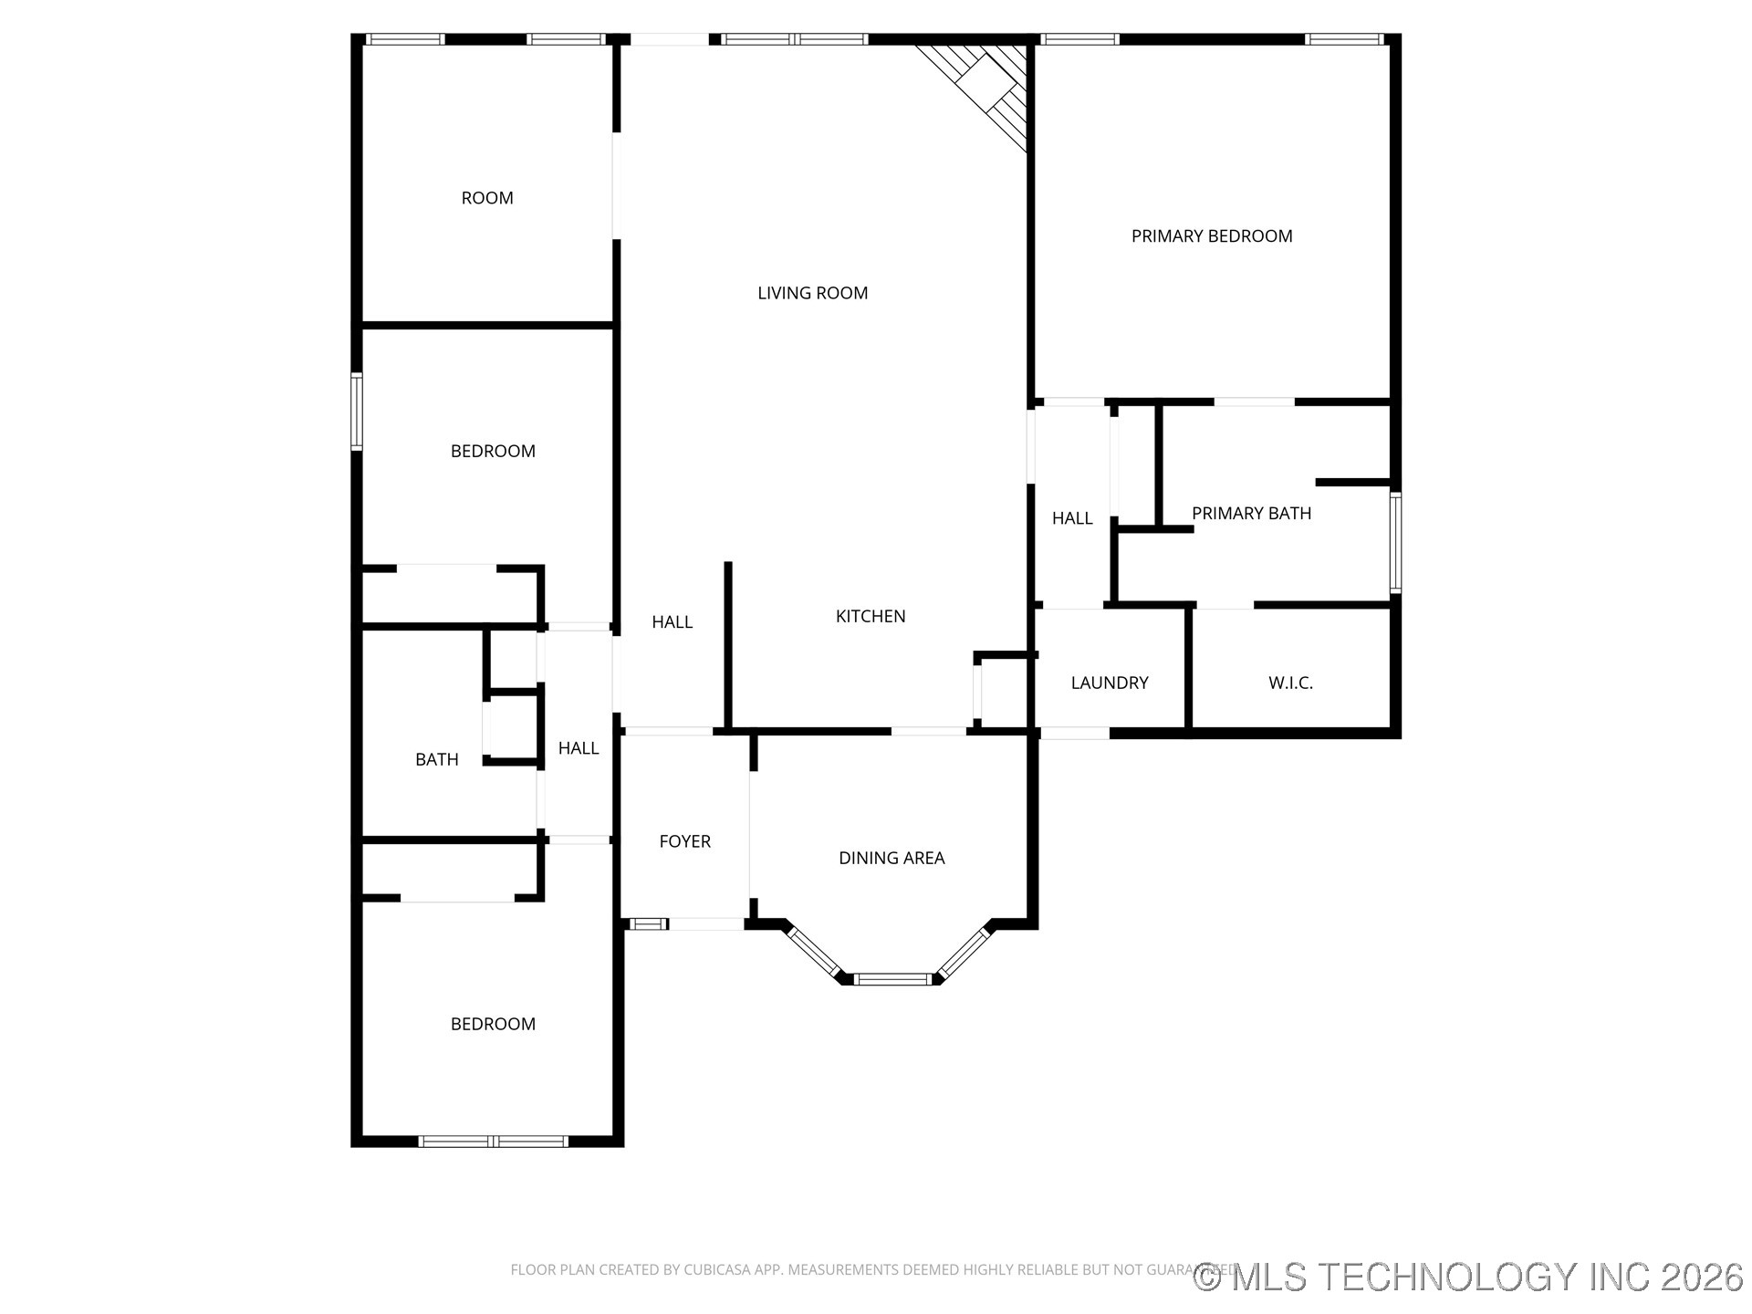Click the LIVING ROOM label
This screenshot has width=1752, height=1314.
(x=812, y=293)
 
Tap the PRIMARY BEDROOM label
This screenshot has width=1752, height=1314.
(x=1212, y=236)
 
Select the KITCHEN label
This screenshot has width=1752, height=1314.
(x=871, y=616)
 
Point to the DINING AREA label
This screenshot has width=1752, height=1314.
(x=892, y=858)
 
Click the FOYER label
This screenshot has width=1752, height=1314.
(x=684, y=841)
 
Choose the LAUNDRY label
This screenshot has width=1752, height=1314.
(x=1109, y=683)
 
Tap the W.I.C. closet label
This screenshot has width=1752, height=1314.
(x=1290, y=683)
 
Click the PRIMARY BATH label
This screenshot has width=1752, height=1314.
(x=1251, y=514)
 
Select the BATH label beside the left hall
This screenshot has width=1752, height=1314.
(x=436, y=759)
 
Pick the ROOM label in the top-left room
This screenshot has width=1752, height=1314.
(x=487, y=198)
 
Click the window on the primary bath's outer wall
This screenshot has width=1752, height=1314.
(x=1395, y=543)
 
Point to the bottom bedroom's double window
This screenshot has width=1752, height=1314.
(x=494, y=1141)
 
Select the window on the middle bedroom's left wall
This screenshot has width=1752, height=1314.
(x=357, y=412)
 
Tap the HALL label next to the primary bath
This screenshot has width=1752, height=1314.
(x=1072, y=518)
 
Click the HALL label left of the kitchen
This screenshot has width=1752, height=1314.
(x=672, y=622)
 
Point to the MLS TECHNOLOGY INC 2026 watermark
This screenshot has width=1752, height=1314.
(x=1469, y=1277)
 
